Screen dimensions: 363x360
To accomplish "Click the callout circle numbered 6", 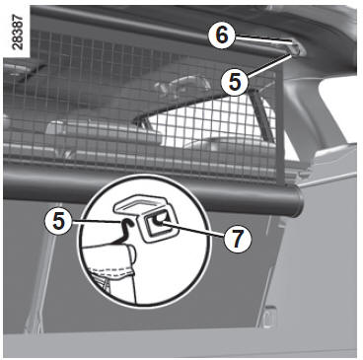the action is click(222, 36).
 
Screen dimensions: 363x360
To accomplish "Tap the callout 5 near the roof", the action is click(235, 81).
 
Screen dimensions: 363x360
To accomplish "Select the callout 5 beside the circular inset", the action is click(58, 222).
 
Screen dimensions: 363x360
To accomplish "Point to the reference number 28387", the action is click(17, 33).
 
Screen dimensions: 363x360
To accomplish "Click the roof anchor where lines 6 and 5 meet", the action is click(296, 48).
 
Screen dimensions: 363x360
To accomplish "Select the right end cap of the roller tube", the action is click(299, 201).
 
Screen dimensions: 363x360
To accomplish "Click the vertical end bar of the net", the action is click(280, 126).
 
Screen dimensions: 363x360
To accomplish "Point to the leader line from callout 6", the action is click(263, 40).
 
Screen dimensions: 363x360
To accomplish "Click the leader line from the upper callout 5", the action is click(269, 66).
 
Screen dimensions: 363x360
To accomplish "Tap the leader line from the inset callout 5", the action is click(96, 221).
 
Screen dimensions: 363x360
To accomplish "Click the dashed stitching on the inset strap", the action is click(111, 271).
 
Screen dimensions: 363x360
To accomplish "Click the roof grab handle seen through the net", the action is click(181, 83).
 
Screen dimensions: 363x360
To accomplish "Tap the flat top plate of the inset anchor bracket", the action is click(142, 204).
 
